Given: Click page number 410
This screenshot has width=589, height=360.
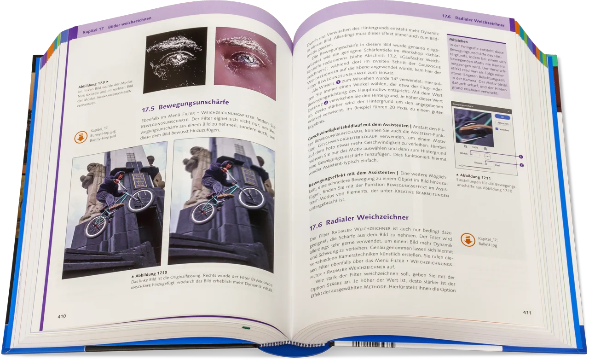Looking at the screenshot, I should (62, 316).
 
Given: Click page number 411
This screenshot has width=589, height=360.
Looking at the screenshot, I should (527, 313).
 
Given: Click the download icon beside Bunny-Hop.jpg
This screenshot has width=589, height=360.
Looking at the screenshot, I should (81, 137).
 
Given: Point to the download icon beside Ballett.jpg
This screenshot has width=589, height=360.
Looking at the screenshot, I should (468, 239).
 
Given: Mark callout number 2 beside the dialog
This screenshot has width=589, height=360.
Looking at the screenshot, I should (522, 165).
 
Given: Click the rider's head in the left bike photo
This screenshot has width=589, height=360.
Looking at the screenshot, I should (118, 176).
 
